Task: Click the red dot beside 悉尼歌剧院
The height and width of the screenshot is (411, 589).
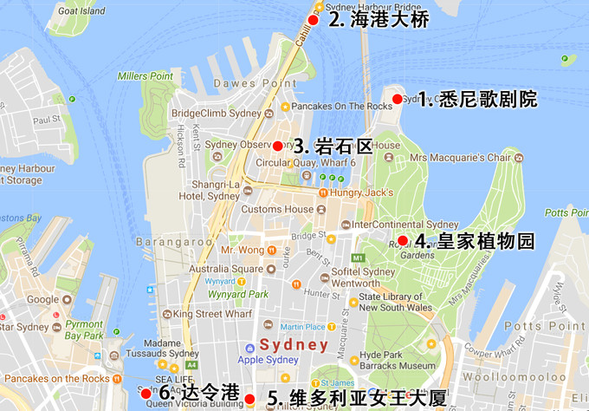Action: click(398, 99)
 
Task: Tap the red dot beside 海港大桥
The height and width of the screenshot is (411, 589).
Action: click(313, 20)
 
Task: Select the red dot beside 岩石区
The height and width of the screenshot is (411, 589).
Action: click(278, 146)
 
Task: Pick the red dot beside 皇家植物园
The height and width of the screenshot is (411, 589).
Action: click(403, 240)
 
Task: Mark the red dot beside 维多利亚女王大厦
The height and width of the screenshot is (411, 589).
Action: click(250, 398)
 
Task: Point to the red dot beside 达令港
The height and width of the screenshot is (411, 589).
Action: click(146, 393)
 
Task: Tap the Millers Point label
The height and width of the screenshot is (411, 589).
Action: click(146, 76)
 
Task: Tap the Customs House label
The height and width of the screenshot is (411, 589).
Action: click(277, 209)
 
